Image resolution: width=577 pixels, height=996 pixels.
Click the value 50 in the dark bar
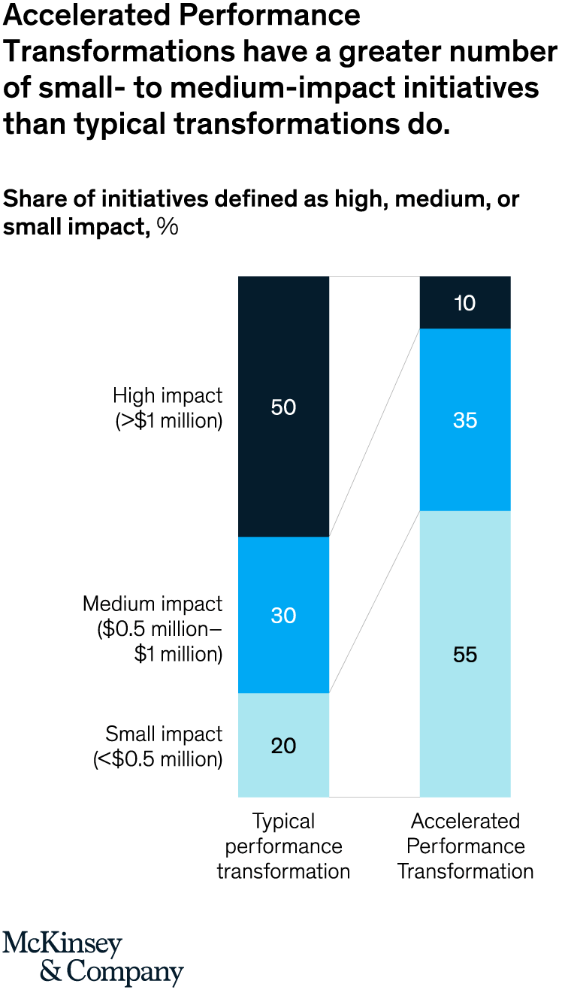click(284, 407)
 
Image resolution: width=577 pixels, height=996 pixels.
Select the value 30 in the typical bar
click(284, 616)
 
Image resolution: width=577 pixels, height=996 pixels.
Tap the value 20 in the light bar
click(284, 746)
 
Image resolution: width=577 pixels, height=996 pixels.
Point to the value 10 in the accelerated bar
click(465, 304)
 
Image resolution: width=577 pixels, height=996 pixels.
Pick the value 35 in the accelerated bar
click(465, 420)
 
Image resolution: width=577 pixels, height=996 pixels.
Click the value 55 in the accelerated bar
click(465, 655)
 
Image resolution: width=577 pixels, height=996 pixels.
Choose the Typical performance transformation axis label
click(283, 846)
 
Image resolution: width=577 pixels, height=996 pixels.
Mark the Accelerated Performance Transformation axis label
click(465, 846)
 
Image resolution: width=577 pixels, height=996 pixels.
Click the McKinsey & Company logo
click(92, 958)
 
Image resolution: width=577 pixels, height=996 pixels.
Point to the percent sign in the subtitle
click(168, 226)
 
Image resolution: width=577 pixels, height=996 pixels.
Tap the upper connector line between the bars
click(374, 432)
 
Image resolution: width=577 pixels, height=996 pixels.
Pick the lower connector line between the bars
click(374, 601)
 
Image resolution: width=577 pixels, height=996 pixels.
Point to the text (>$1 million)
click(169, 421)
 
